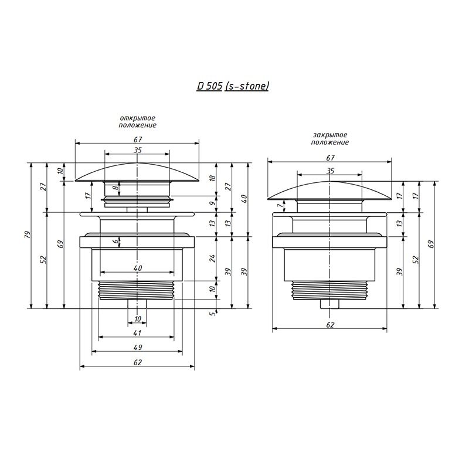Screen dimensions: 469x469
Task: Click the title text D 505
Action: tap(209, 86)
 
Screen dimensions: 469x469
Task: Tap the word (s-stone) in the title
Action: tap(247, 86)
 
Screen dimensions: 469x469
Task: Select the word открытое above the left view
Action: tap(138, 118)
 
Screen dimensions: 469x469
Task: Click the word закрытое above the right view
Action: tap(330, 135)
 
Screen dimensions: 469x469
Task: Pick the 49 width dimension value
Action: tap(137, 347)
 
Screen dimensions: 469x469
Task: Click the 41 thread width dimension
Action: tap(137, 332)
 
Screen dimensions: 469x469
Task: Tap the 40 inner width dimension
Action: tap(137, 268)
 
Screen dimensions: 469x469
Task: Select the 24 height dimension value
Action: tap(212, 258)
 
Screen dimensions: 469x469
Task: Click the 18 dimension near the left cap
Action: tap(212, 178)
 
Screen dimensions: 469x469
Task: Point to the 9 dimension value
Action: tap(212, 203)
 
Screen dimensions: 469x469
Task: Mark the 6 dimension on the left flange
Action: tap(116, 242)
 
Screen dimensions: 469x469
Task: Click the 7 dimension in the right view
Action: tap(280, 206)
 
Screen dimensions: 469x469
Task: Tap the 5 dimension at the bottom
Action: tap(212, 314)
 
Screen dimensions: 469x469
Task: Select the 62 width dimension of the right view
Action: tap(330, 325)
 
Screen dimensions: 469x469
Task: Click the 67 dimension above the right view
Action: tap(330, 158)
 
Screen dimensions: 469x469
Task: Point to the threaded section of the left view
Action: tap(137, 290)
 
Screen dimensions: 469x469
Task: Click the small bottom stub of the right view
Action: tap(329, 304)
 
